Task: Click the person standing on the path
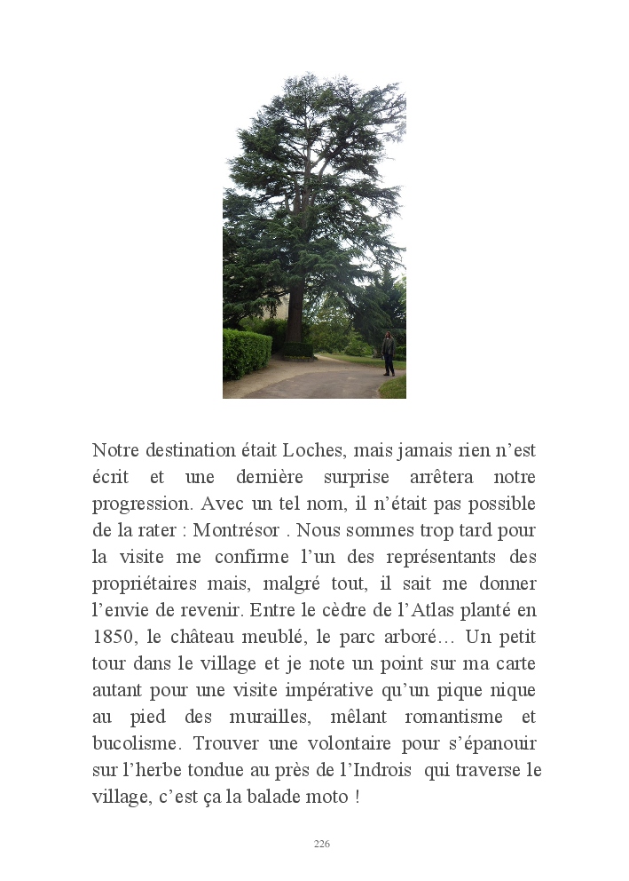pos(388,353)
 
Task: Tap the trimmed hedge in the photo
pos(245,353)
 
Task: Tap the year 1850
pos(113,638)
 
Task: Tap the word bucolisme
pos(135,743)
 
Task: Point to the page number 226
pos(322,844)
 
